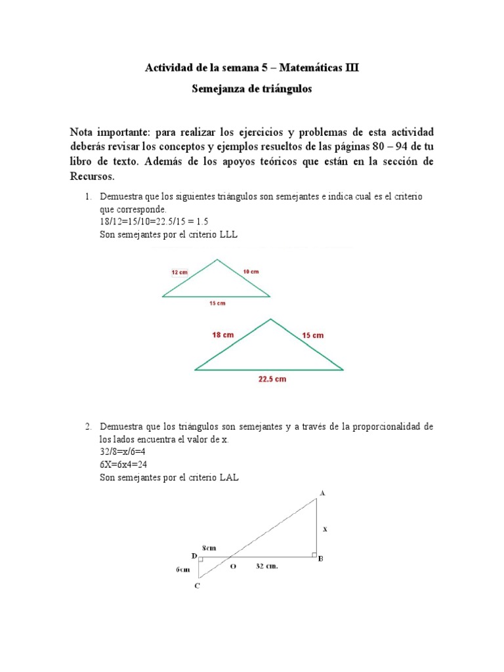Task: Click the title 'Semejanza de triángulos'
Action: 251,89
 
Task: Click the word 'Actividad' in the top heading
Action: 167,68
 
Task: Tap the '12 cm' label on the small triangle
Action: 180,271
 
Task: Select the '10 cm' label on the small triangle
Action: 250,271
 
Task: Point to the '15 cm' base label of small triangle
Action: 217,303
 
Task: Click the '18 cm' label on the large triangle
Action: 222,335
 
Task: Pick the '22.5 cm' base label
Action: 271,379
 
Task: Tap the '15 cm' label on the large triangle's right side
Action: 312,335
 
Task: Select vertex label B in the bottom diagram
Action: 320,559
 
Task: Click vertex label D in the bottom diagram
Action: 194,556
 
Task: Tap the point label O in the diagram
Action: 232,568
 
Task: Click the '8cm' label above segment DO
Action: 210,547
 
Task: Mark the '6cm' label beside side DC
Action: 182,570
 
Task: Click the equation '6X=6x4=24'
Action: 128,465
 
